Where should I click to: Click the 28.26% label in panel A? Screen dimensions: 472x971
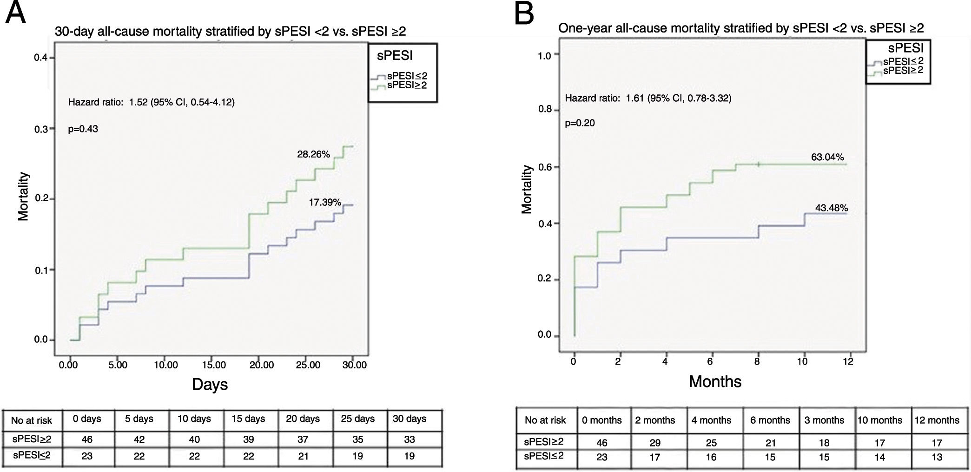(313, 154)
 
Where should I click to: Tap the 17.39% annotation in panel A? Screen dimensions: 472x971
(325, 202)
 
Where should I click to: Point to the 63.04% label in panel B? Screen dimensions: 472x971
(827, 157)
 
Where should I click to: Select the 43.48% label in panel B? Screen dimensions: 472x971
(832, 208)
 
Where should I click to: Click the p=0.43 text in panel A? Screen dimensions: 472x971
(83, 129)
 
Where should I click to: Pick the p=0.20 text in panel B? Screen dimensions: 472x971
(580, 123)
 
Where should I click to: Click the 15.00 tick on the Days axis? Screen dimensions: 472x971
(214, 365)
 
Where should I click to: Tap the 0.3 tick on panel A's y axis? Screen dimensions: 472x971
(41, 129)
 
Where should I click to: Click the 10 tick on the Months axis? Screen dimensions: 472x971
(803, 361)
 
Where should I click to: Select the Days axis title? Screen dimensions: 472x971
(210, 384)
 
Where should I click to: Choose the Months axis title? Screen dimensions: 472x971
(715, 381)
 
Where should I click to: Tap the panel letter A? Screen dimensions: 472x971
(15, 13)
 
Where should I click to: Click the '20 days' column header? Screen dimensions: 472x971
(303, 419)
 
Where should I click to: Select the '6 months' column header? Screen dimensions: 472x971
(770, 420)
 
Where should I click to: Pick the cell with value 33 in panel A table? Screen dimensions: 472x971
(409, 439)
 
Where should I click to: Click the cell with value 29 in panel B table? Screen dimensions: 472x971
(655, 443)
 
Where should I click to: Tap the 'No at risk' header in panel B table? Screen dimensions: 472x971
(545, 420)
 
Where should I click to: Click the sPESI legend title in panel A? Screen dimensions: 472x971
(395, 56)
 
